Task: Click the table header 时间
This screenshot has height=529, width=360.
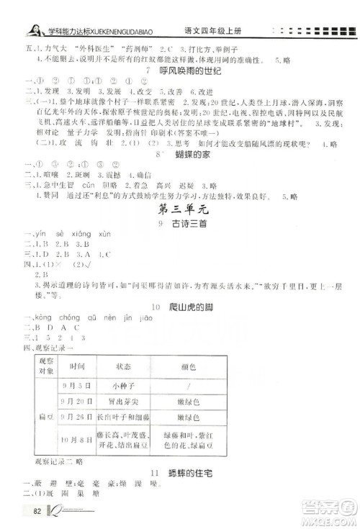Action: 78,428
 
